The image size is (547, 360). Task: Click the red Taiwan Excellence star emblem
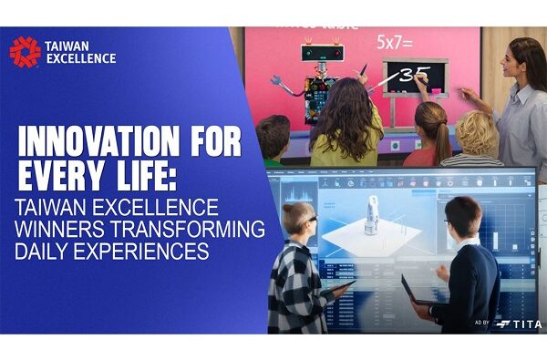pos(25,52)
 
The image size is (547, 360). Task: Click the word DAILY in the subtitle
pos(46,248)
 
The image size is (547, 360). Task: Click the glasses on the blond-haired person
pos(309,221)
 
